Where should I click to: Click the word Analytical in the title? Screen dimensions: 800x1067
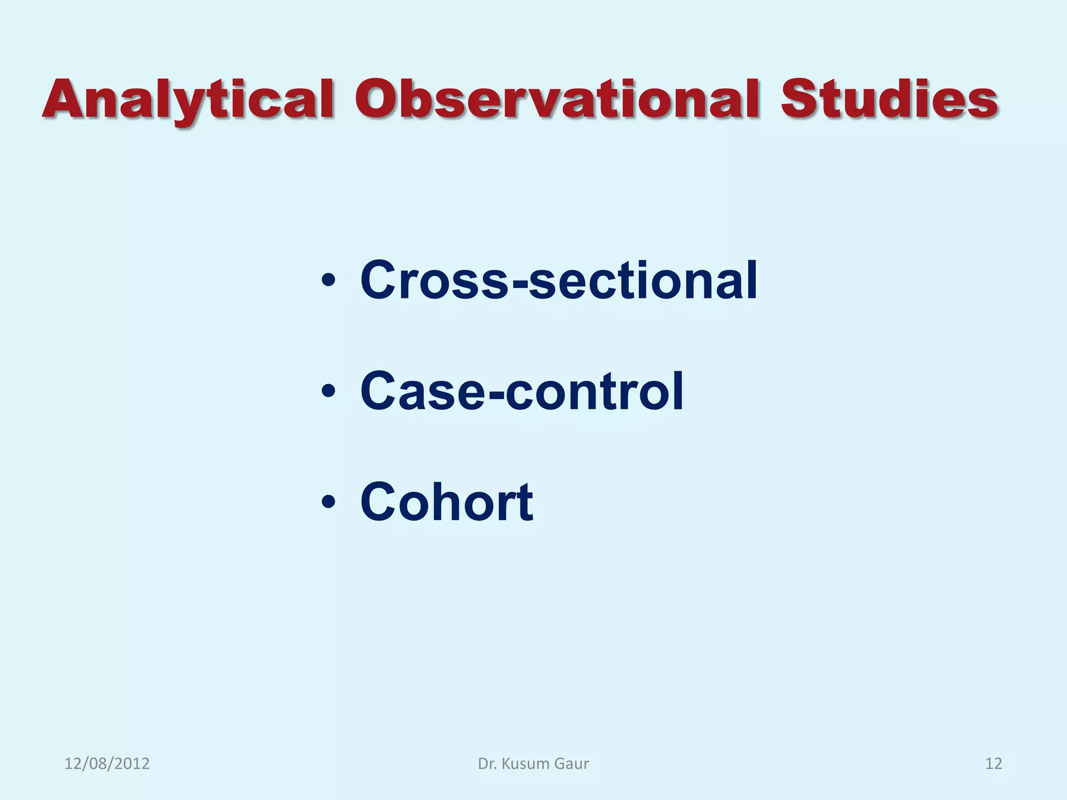click(188, 99)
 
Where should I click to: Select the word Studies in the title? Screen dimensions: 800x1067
click(889, 99)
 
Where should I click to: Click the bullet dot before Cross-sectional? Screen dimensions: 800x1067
click(328, 282)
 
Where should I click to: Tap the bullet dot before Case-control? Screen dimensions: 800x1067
click(328, 391)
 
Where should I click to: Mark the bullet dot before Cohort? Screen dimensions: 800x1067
click(328, 502)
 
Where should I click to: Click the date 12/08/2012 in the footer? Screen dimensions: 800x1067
click(107, 764)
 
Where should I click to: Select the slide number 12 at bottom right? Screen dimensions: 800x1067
click(994, 764)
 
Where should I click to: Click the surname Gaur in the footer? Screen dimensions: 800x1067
click(572, 764)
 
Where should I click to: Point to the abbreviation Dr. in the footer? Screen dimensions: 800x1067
click(487, 764)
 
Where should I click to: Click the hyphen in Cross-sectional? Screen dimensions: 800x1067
click(519, 284)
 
